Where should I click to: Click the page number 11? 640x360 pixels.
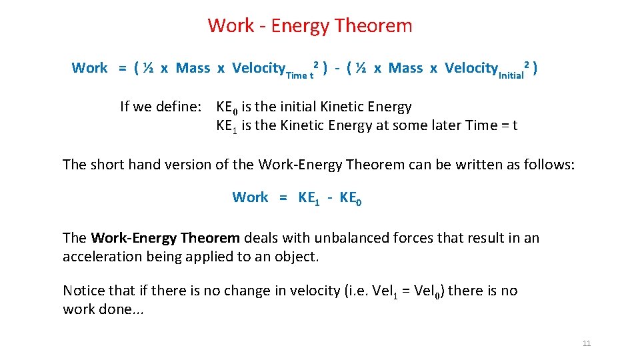pos(587,343)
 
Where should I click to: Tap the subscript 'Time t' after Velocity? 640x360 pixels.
pos(299,75)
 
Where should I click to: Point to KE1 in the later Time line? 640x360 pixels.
pos(227,126)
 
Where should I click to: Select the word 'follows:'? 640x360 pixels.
pos(548,165)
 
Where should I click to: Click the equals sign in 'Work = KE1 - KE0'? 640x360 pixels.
pos(283,197)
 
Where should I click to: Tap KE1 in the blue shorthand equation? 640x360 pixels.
pos(309,198)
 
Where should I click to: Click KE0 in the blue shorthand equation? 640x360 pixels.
pos(351,198)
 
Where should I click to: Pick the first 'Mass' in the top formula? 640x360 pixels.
pos(193,68)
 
